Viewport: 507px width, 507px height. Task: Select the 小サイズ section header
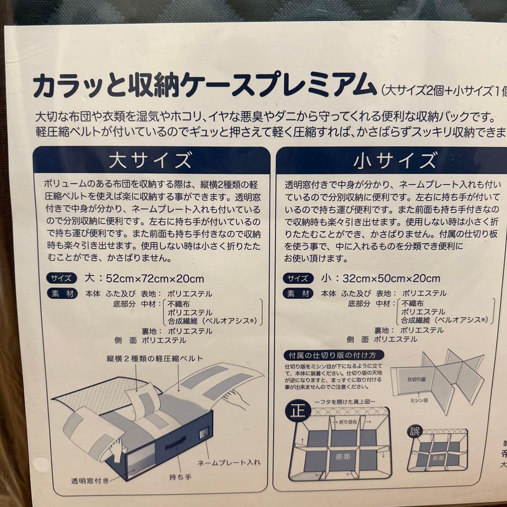tap(394, 161)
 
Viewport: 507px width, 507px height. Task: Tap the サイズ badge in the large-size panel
tap(61, 278)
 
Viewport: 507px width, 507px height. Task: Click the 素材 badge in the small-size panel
tap(299, 294)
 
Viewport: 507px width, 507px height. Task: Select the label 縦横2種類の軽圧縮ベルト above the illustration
tap(154, 359)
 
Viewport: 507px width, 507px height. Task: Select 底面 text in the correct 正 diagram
tap(342, 456)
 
